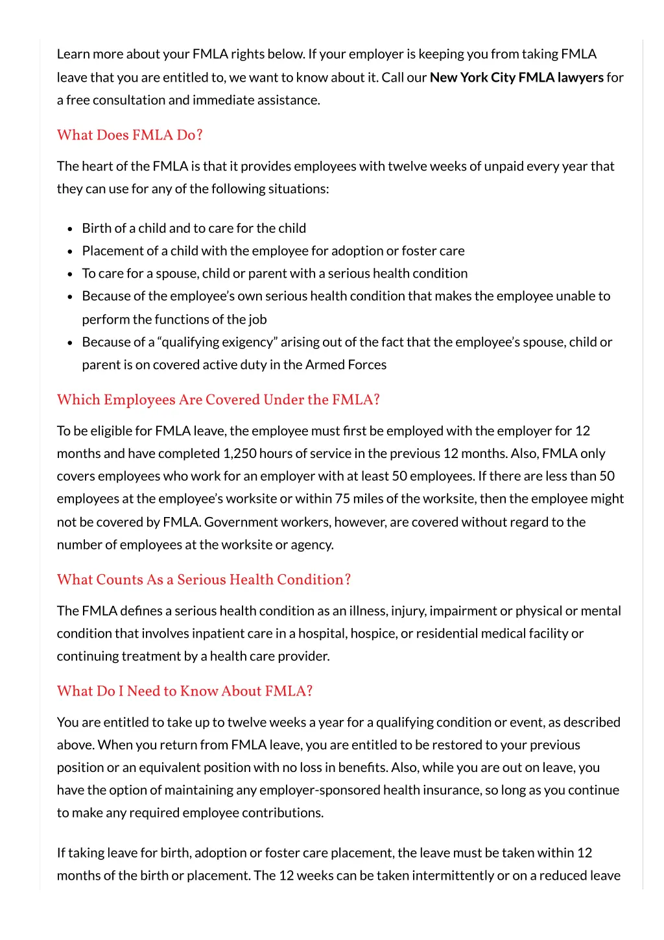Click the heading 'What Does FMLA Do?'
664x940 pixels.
(130, 135)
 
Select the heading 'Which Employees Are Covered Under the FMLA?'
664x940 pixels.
(218, 400)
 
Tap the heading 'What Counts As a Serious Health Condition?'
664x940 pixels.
(204, 579)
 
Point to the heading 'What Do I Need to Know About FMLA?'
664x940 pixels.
(185, 691)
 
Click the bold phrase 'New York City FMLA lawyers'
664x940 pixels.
(516, 77)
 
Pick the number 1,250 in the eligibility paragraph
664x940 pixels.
(240, 453)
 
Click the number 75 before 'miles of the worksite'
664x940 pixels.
(342, 499)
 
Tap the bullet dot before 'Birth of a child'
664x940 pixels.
(70, 229)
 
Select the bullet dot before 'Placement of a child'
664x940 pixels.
(70, 252)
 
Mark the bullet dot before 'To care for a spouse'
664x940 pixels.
(70, 274)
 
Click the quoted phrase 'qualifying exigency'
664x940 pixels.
(219, 342)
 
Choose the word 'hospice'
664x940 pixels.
(372, 633)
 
